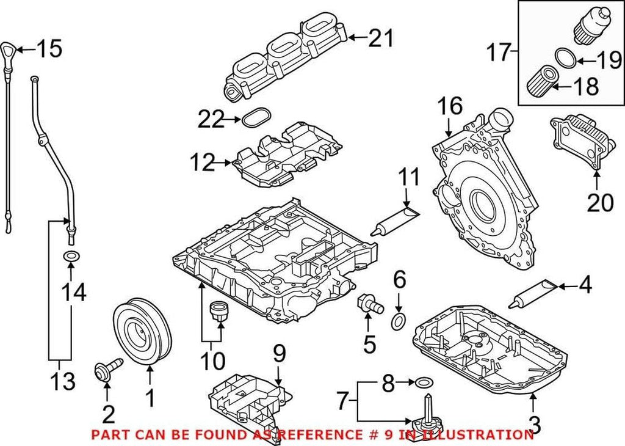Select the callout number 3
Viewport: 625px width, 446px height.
point(535,423)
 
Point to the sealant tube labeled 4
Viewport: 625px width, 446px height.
point(534,292)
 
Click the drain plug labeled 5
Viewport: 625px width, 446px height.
point(368,304)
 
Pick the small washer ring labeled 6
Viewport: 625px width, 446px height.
point(399,321)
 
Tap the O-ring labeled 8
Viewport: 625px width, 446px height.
point(421,383)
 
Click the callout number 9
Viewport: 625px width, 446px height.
point(279,353)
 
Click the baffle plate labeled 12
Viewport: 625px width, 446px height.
point(287,158)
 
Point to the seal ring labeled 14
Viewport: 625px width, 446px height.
point(71,255)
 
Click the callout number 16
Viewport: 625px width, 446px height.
point(450,108)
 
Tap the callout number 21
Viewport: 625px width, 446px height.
point(380,40)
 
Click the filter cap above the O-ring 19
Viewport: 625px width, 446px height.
point(588,26)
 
